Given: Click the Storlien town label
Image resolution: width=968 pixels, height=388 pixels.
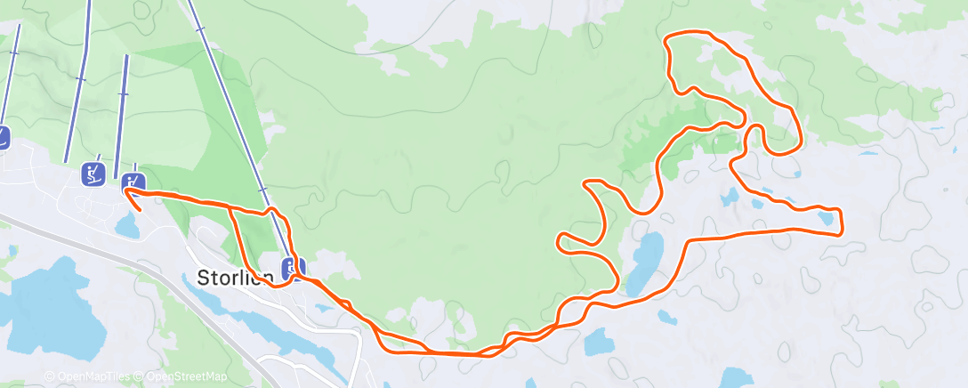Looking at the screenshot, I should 233,278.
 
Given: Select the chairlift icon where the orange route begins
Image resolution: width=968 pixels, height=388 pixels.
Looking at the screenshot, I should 133,183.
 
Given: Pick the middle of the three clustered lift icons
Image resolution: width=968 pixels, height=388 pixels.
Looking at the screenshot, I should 93,174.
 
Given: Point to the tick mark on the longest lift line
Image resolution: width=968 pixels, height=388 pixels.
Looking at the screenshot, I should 261,190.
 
